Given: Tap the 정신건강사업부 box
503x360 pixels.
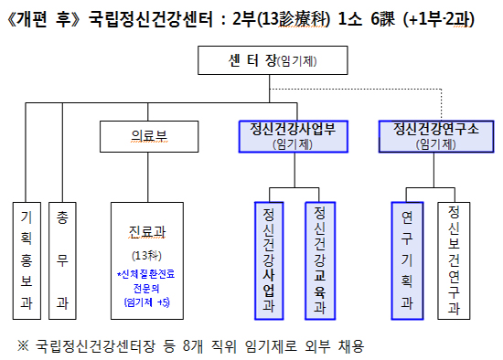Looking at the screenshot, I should pyautogui.click(x=285, y=134).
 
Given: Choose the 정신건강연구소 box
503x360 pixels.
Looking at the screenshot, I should pyautogui.click(x=428, y=134).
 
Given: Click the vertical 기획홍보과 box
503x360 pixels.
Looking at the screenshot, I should pyautogui.click(x=26, y=259).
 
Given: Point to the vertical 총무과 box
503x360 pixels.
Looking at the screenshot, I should pyautogui.click(x=61, y=259).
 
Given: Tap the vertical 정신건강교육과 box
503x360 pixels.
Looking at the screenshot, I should pyautogui.click(x=320, y=259).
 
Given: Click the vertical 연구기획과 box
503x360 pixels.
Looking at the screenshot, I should pyautogui.click(x=407, y=259).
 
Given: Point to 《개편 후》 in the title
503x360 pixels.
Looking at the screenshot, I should pyautogui.click(x=43, y=18).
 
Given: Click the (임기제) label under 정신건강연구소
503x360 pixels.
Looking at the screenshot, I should pyautogui.click(x=428, y=144).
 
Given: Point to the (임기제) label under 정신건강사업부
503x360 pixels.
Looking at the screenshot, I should pyautogui.click(x=285, y=144).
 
